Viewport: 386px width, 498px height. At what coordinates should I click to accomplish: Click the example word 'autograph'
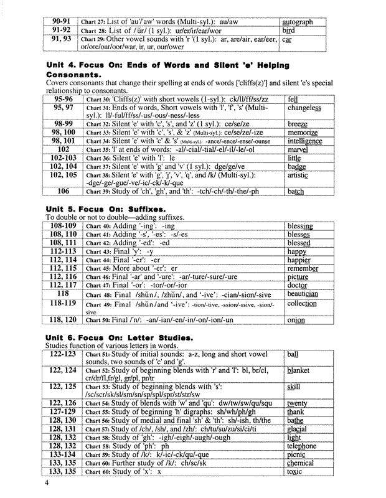297,22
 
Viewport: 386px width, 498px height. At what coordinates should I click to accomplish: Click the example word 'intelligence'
304,141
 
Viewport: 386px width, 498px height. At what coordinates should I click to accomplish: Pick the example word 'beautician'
303,293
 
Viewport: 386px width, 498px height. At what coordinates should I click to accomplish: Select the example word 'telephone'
302,446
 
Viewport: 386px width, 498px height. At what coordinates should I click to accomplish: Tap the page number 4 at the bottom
45,484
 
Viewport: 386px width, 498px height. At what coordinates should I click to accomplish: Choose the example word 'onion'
296,320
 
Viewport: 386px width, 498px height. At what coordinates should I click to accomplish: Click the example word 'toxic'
294,472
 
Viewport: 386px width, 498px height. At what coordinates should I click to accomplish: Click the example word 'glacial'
297,429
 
